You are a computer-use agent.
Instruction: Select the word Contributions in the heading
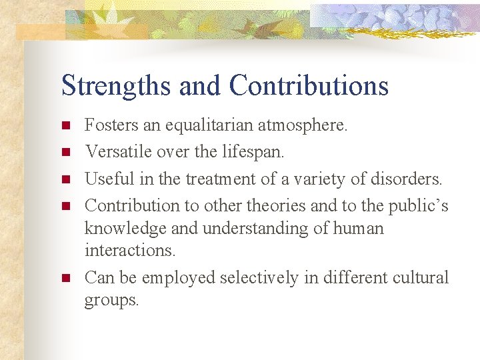click(x=309, y=85)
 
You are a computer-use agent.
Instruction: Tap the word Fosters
click(x=111, y=125)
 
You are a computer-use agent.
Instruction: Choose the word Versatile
click(x=118, y=152)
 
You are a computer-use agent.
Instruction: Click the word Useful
click(x=107, y=179)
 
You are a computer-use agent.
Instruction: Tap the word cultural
click(x=419, y=277)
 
